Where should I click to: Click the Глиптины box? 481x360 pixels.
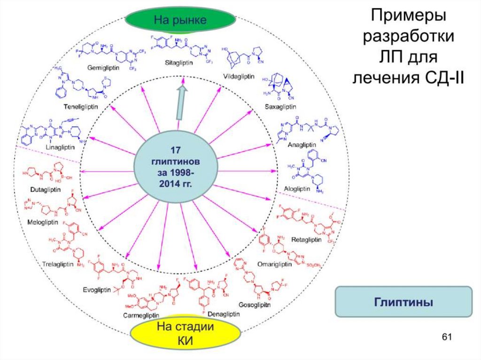tap(403, 302)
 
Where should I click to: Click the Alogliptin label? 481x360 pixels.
tap(297, 189)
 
